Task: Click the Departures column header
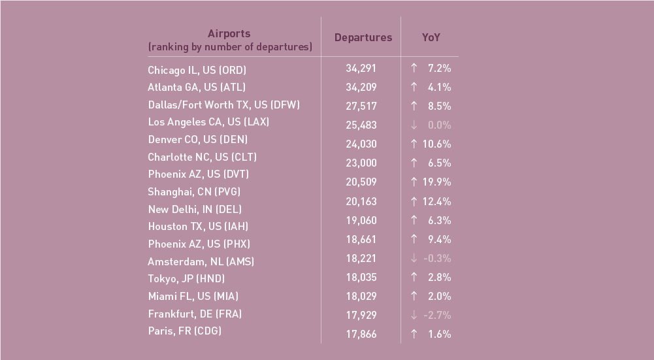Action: tap(363, 37)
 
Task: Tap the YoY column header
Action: tap(431, 37)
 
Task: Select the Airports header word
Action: tap(229, 33)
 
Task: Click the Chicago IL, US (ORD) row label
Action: tap(197, 70)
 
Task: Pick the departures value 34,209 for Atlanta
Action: tap(361, 87)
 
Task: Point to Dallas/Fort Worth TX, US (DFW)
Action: tap(223, 105)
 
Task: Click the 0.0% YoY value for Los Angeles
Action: tap(439, 125)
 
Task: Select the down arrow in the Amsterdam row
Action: tap(414, 258)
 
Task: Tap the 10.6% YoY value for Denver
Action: tap(436, 144)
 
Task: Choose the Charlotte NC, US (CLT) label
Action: tap(202, 157)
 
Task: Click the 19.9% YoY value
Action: tap(436, 182)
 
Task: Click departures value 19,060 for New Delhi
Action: tap(361, 220)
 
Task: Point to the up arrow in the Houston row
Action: tap(414, 239)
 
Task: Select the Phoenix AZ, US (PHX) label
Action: tap(199, 244)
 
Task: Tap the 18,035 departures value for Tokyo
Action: tap(361, 277)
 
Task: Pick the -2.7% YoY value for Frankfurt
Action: tap(437, 315)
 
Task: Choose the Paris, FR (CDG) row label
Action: tap(184, 331)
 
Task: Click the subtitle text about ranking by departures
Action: tap(230, 47)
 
